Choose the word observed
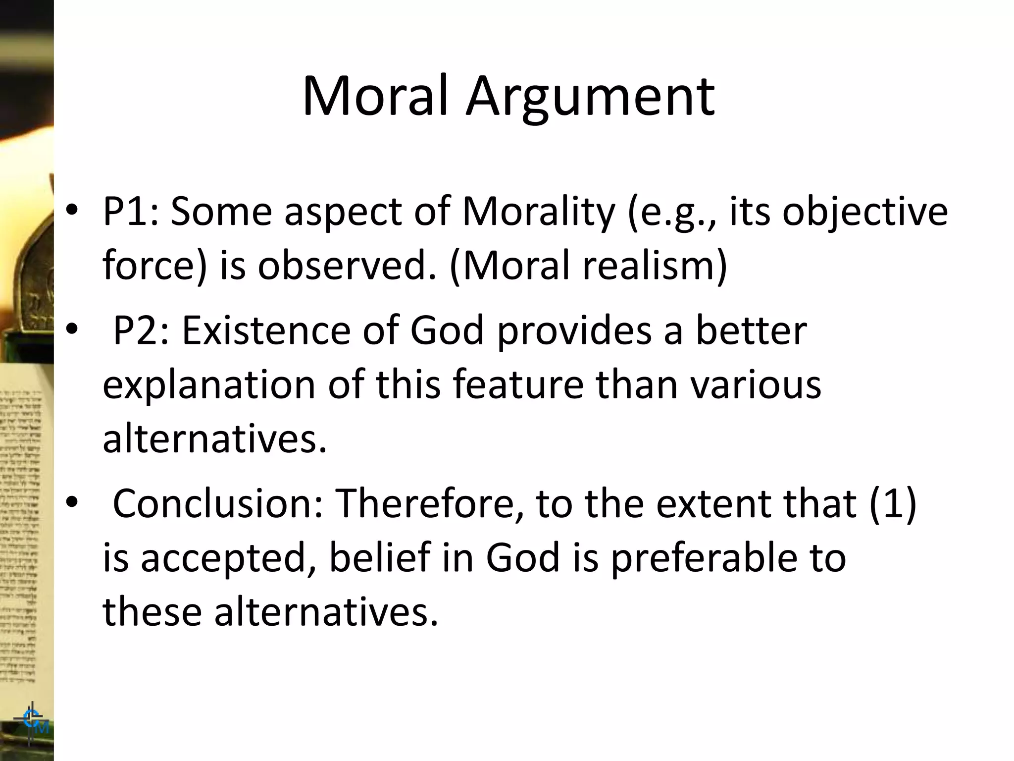[347, 266]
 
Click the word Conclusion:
[218, 503]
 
